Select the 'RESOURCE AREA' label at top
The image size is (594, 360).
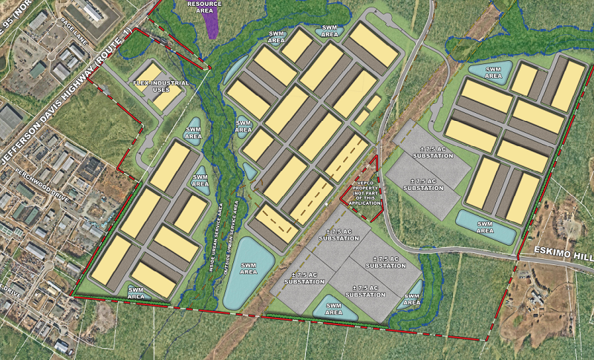204,7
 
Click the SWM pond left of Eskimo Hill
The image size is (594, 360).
485,227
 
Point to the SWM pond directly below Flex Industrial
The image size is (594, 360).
193,131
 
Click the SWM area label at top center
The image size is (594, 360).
327,31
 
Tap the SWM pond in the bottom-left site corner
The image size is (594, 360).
137,293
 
